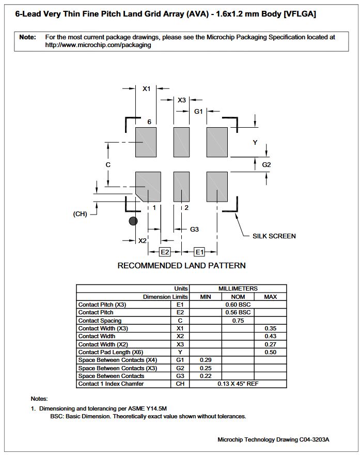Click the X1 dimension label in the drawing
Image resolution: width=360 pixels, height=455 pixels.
[146, 89]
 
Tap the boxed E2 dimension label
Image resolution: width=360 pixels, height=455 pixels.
[165, 252]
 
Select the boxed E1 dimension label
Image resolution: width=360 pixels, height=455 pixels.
[199, 252]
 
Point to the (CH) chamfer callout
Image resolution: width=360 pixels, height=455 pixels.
[80, 214]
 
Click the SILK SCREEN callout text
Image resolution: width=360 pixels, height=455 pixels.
[274, 236]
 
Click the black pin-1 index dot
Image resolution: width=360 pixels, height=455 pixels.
[133, 221]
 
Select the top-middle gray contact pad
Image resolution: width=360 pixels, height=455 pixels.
[181, 142]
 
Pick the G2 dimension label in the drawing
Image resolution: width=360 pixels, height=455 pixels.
[267, 165]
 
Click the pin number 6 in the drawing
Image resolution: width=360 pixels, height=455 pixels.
[149, 122]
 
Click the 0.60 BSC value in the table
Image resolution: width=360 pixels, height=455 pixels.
[238, 305]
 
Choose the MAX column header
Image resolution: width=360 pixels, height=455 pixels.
[270, 297]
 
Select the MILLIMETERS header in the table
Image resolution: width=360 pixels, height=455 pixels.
[238, 289]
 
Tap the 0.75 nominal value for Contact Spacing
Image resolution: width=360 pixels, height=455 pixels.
[238, 321]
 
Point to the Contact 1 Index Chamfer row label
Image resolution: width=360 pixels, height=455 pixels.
[111, 384]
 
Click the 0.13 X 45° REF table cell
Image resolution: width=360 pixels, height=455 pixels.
[238, 384]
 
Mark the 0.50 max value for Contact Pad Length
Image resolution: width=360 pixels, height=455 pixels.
[270, 352]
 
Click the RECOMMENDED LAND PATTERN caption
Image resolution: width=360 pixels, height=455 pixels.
[181, 266]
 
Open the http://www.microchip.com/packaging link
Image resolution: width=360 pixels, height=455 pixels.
[98, 45]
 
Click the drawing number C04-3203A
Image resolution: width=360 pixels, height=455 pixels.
[314, 439]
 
